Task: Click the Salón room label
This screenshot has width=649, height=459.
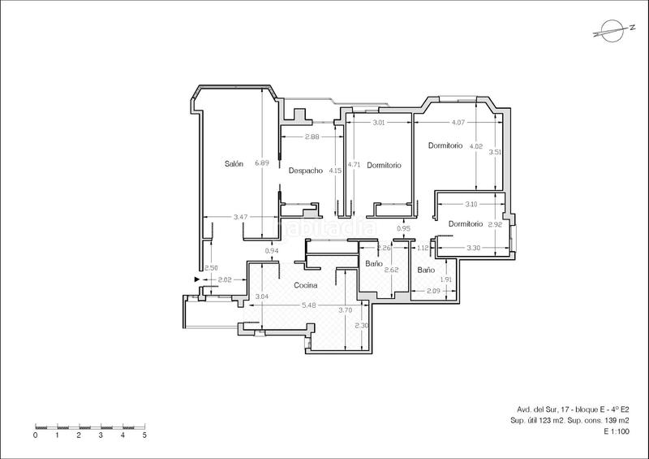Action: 234,163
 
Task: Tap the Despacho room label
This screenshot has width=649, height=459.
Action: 306,170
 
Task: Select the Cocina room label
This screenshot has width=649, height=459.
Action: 305,285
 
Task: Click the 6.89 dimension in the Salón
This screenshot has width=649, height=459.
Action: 261,162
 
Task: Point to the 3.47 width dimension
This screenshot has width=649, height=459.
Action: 239,217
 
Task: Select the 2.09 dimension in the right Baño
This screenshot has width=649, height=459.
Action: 432,291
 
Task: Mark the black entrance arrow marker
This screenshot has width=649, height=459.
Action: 197,280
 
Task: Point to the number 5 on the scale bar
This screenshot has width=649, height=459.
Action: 144,435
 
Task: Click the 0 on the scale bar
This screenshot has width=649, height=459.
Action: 36,435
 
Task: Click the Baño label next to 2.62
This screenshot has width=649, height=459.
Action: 374,264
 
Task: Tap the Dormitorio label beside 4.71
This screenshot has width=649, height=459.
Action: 384,165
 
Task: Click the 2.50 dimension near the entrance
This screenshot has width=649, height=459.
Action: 211,268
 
